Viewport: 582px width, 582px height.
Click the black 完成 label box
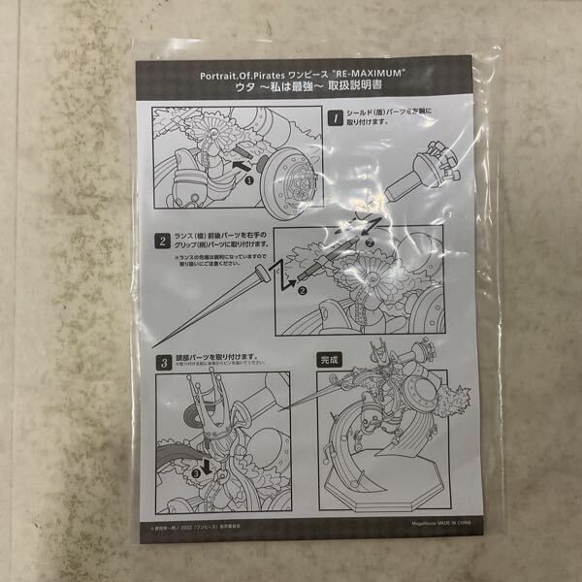point(331,359)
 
